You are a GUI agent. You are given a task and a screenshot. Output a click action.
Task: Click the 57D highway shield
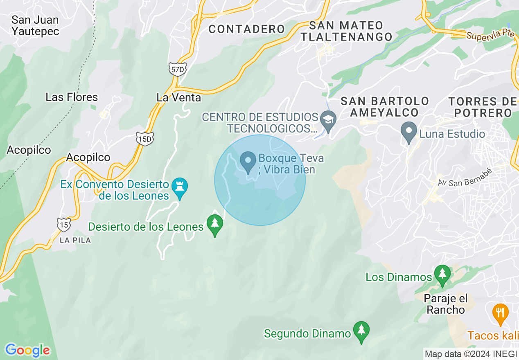pos(177,69)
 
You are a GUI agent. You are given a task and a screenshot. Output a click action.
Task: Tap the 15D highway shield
pos(145,139)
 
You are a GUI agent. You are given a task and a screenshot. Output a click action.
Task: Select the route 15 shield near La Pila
pos(63,224)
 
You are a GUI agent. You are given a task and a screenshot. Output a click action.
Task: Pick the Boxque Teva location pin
pos(248,161)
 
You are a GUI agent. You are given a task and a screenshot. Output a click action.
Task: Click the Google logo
pos(27,350)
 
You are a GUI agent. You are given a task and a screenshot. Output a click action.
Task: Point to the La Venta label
pos(179,97)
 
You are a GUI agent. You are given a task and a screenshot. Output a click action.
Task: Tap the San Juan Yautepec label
pos(35,25)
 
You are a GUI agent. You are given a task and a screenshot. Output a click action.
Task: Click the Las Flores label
pos(72,97)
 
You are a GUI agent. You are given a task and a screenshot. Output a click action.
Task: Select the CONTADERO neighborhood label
pos(246,29)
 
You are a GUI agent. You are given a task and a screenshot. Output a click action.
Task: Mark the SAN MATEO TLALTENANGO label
pos(346,31)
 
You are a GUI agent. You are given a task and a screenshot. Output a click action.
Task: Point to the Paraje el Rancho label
pos(446,304)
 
